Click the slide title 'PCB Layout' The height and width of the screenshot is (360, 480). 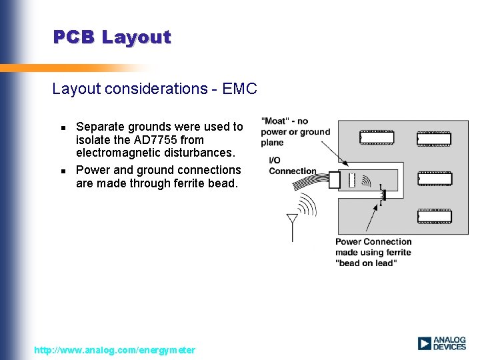(x=112, y=37)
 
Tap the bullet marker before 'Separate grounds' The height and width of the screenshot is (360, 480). (x=63, y=127)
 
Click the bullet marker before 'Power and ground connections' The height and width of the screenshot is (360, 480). (x=63, y=171)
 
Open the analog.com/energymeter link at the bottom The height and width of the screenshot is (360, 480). (x=115, y=350)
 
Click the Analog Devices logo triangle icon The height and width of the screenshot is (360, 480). (x=425, y=343)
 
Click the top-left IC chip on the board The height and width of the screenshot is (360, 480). (x=377, y=138)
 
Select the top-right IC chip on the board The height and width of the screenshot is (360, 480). (x=434, y=139)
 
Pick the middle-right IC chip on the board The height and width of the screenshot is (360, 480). (x=434, y=179)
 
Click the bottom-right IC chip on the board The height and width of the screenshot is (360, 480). (x=434, y=216)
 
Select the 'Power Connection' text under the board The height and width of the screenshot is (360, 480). (x=373, y=242)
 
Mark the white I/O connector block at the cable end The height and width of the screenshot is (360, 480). (x=334, y=179)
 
